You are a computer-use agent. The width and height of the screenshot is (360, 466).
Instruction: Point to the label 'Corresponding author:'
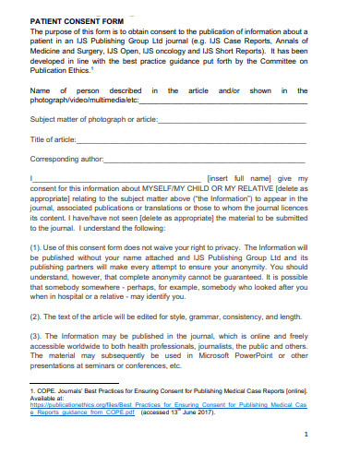(x=66, y=160)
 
